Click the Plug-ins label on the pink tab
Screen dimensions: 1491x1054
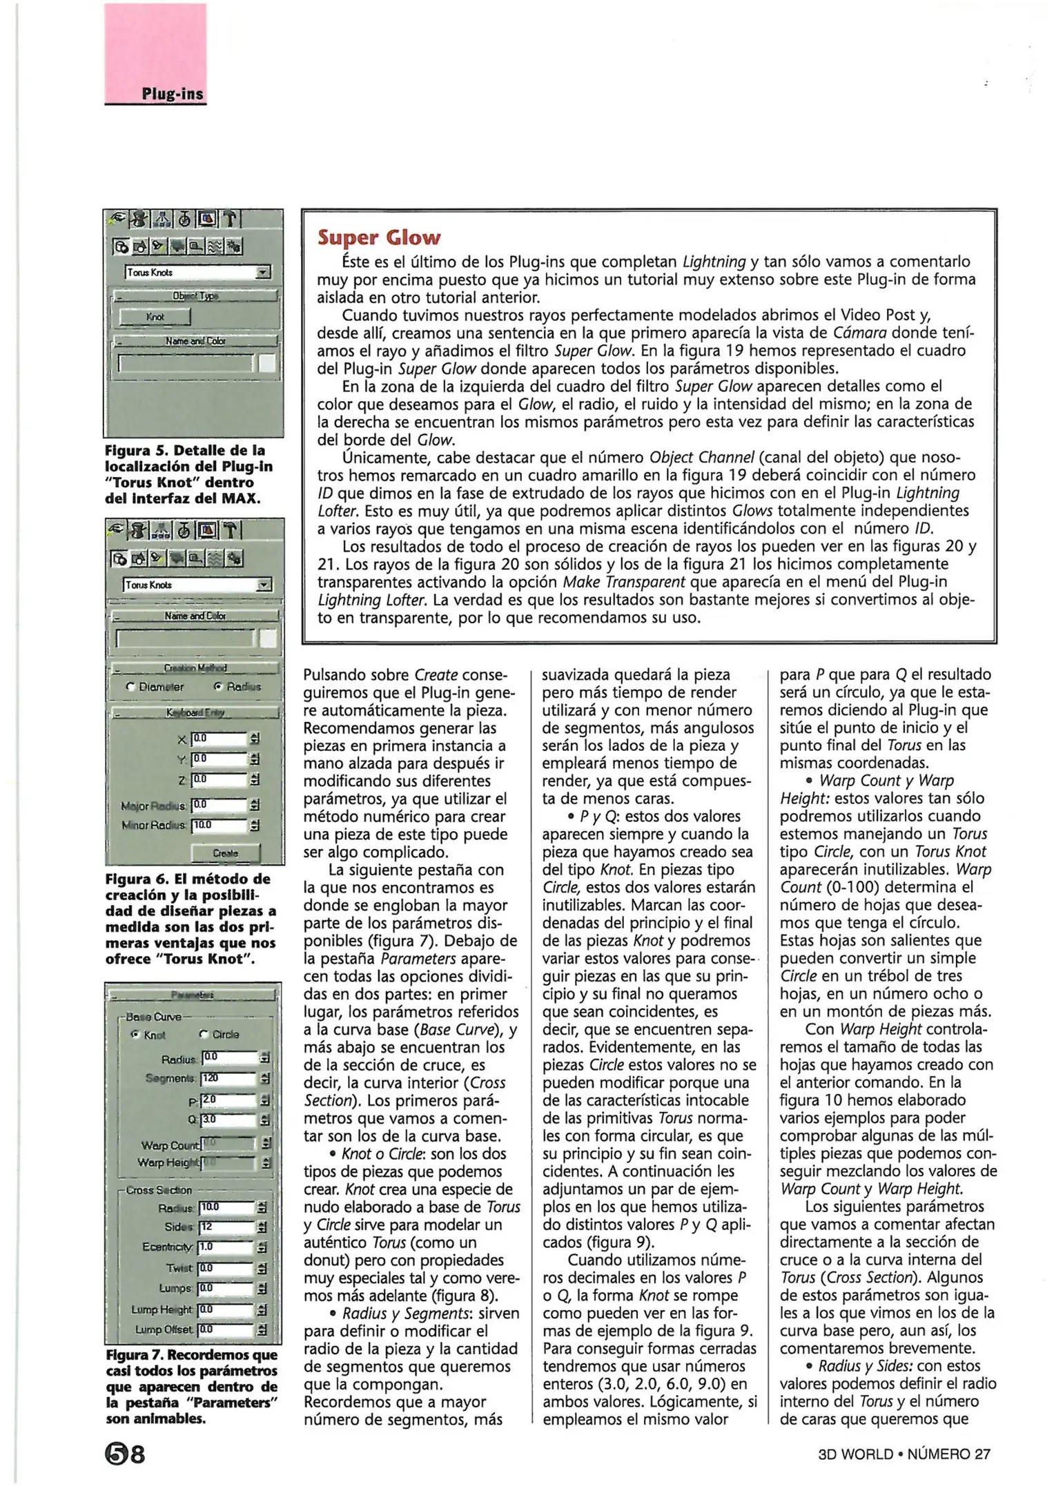click(173, 94)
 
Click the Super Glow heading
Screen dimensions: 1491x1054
click(378, 237)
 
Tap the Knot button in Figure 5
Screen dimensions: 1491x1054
click(155, 317)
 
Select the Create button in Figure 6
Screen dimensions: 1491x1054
click(225, 853)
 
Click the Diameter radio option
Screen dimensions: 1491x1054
click(155, 687)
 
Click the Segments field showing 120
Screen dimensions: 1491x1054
click(228, 1078)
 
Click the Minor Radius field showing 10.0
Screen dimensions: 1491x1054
click(218, 825)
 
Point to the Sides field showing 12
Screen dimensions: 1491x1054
click(226, 1227)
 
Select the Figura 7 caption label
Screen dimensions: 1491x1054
click(135, 1355)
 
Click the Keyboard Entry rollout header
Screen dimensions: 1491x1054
click(195, 712)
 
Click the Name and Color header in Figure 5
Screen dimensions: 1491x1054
click(195, 341)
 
